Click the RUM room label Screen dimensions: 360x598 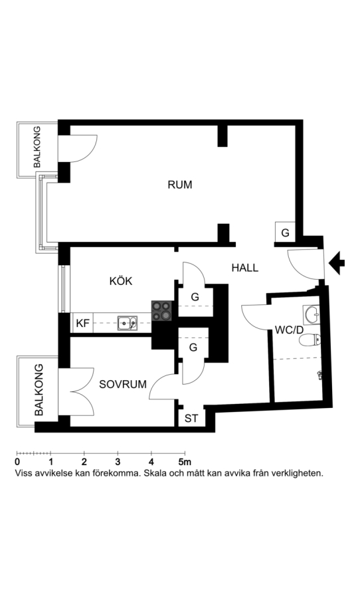coord(180,185)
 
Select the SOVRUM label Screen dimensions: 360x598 coord(123,384)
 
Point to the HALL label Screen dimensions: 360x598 coord(245,268)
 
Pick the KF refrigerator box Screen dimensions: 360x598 coord(82,323)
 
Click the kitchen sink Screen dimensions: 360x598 coord(128,323)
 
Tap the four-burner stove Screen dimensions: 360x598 coord(162,310)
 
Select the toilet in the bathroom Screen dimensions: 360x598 coord(310,340)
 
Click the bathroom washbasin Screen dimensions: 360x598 coord(312,314)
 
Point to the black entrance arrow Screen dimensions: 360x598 coord(337,262)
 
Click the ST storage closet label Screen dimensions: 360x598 coord(191,419)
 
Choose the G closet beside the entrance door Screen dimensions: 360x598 coord(285,233)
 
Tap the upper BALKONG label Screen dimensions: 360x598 coord(37,148)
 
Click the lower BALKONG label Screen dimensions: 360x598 coord(39,390)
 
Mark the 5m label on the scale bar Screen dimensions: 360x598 coord(185,462)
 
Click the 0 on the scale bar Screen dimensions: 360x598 coord(17,462)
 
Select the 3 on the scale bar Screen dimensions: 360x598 coord(118,462)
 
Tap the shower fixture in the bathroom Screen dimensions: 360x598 coord(319,375)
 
